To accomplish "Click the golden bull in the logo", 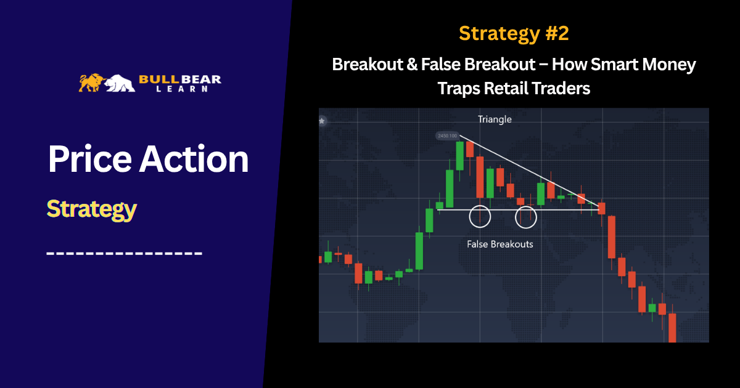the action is coord(91,83).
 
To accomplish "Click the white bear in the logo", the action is coord(120,83).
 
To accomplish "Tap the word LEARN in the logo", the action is coord(182,89).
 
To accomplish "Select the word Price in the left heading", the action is coord(90,159).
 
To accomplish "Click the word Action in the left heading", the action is coord(194,159).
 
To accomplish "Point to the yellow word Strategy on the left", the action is coord(91,209).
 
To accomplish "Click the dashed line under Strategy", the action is coord(124,253).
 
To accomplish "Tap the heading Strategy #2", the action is coord(514,33).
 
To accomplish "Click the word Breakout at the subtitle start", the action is coord(368,64).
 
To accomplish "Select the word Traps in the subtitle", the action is coord(459,89).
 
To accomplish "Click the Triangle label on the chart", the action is coord(495,119).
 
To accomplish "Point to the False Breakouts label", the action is coord(500,244).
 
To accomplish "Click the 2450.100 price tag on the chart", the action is coord(447,135).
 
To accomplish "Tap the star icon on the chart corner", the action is coord(322,121).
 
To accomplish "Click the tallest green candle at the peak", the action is coord(459,156).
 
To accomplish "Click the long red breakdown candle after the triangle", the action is coord(612,237).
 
